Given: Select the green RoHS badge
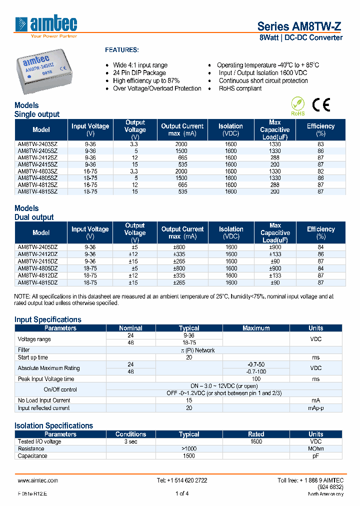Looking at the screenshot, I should [298, 105].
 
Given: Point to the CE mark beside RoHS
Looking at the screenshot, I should [321, 104].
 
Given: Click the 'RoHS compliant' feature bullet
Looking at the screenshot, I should [240, 88].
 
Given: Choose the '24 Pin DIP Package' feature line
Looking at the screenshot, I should [139, 73].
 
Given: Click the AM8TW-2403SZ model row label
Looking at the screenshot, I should [37, 144].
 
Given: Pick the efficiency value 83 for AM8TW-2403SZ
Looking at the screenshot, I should [320, 144].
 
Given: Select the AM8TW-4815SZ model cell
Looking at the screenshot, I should [37, 191].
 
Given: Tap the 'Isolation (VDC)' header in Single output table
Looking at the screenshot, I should [230, 129].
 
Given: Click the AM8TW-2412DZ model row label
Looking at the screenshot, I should [37, 254].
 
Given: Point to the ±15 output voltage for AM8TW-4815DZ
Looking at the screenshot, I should [134, 282].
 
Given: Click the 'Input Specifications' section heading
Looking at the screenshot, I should [47, 319].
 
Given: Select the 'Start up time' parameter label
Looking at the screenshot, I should [33, 357].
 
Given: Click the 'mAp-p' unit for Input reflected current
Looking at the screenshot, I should [315, 408].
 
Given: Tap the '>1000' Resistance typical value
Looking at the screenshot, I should [189, 448].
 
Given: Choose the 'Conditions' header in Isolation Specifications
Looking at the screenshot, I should [130, 434].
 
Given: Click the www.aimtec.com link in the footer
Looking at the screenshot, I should [38, 480].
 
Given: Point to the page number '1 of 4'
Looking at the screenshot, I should [182, 494].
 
